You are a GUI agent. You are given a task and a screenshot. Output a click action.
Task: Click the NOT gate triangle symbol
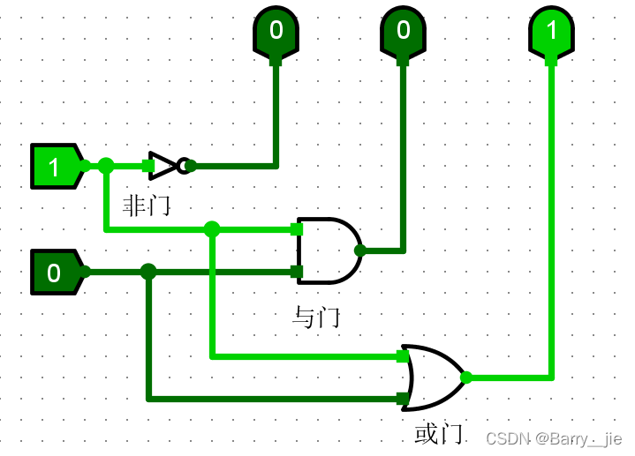point(163,165)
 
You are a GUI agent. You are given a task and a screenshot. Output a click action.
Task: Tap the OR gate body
point(431,377)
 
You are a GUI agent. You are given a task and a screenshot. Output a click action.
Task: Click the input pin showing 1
point(56,166)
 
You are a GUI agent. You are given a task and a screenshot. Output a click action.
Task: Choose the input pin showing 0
point(56,272)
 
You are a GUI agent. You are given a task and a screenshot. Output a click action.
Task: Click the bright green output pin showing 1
point(552,32)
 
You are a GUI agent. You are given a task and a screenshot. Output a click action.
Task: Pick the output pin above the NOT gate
point(276,32)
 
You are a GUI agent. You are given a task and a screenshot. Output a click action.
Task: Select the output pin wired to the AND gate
point(404,32)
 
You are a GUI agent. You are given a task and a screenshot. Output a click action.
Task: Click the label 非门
point(146,206)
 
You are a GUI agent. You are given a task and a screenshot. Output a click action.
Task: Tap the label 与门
point(316,317)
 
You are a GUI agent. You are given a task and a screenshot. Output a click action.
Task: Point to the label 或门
point(438,433)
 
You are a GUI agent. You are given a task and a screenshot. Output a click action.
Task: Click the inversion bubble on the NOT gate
point(184,165)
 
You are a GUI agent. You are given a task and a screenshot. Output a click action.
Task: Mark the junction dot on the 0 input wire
point(148,272)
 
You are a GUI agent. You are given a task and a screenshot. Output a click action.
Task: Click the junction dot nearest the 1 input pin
point(106,165)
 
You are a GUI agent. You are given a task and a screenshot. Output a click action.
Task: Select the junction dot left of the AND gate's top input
point(212,229)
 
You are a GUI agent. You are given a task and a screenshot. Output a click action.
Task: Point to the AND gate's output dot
point(359,250)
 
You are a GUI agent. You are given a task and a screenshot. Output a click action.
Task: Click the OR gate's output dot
point(466,378)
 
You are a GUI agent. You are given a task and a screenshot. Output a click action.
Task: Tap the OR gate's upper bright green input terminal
point(403,356)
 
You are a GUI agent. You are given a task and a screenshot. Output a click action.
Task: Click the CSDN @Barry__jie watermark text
point(554,438)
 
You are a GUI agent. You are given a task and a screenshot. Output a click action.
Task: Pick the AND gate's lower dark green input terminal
point(297,272)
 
